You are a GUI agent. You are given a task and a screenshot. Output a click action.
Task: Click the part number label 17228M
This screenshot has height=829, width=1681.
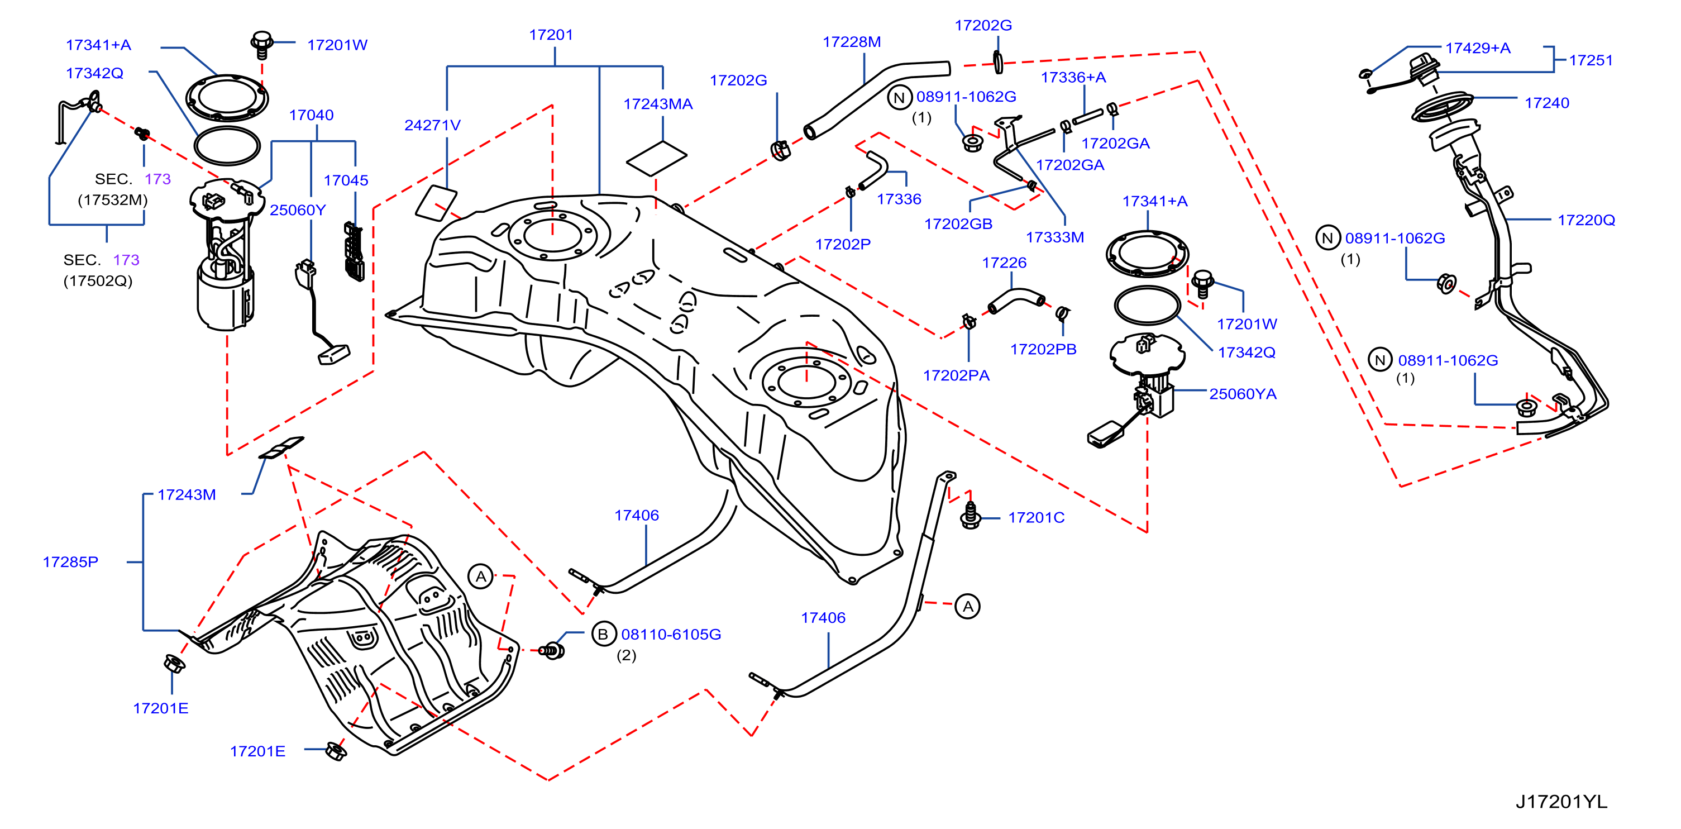click(x=852, y=42)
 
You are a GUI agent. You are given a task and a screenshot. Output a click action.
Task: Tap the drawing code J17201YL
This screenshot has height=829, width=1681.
click(x=1561, y=802)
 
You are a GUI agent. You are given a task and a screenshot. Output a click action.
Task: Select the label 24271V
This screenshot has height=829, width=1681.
click(x=432, y=125)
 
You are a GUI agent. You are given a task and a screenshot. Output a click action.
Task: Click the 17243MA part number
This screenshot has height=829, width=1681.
click(x=658, y=104)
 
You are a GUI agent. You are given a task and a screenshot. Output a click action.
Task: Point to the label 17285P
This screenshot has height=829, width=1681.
click(x=70, y=562)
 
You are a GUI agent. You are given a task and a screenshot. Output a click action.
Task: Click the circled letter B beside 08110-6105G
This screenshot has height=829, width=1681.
click(x=603, y=634)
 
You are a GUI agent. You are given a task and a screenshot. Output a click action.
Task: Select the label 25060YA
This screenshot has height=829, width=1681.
click(x=1243, y=394)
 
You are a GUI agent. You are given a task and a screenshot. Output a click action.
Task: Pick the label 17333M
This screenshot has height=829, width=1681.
click(x=1054, y=237)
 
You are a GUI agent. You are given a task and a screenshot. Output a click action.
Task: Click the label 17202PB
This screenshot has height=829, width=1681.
click(x=1043, y=349)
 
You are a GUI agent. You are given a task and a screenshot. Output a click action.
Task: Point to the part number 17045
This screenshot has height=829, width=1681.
click(x=346, y=180)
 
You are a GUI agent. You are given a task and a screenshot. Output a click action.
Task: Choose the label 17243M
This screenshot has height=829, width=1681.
click(x=187, y=495)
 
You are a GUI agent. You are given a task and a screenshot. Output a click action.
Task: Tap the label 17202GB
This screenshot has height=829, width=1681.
click(x=958, y=224)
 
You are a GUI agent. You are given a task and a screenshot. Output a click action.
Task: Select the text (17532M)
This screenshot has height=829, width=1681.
click(x=113, y=200)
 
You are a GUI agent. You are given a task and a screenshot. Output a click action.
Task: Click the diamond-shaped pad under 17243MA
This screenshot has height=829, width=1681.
click(x=656, y=159)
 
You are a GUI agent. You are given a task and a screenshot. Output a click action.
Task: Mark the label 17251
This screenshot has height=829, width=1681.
click(x=1591, y=60)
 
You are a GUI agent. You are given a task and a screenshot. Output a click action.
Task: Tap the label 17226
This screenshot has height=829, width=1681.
click(x=1004, y=263)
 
